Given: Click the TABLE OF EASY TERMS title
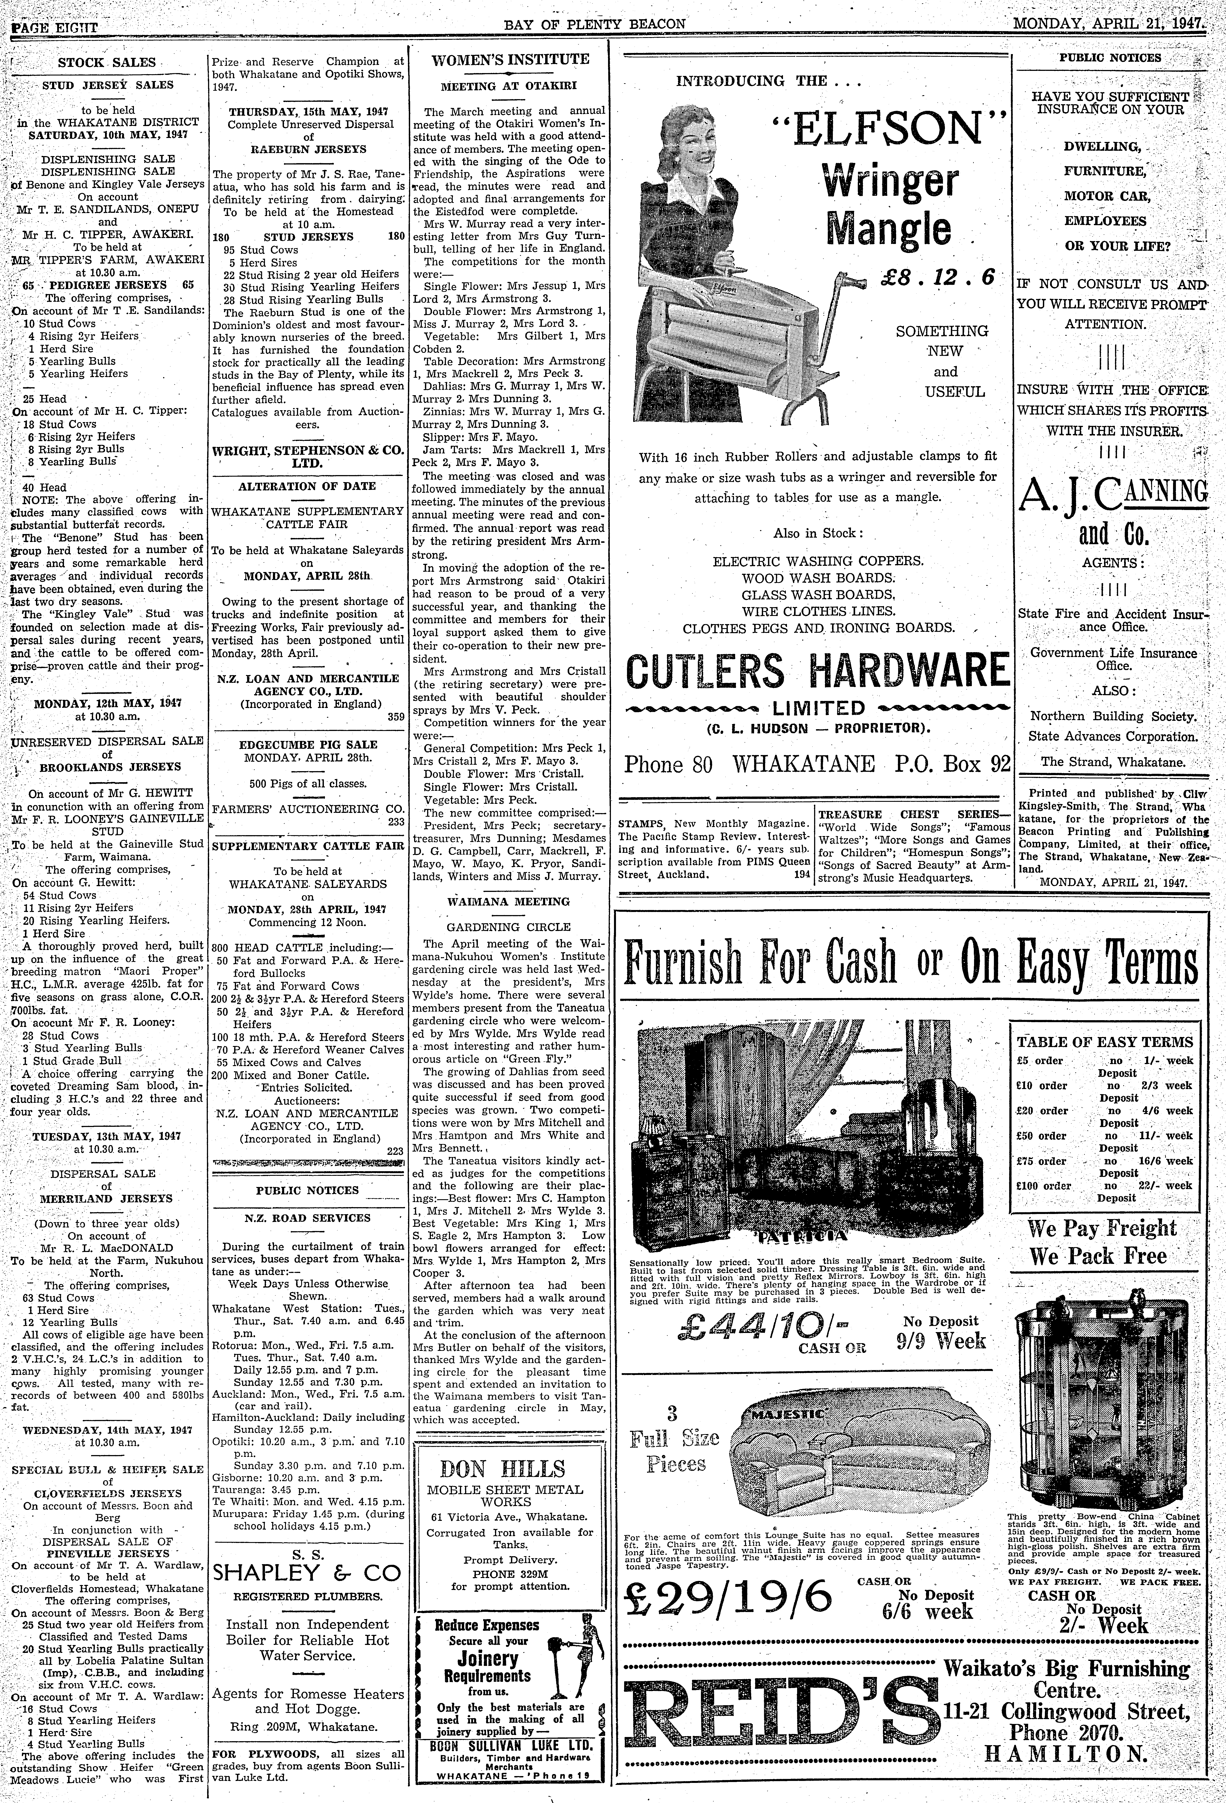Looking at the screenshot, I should pos(1104,1042).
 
